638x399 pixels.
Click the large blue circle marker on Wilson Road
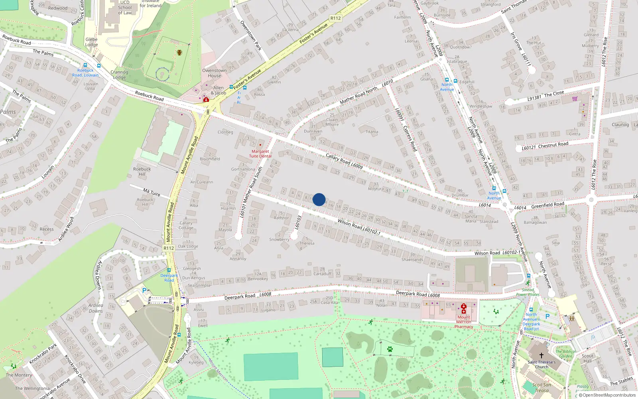319,199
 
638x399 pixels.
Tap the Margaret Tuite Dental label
260,154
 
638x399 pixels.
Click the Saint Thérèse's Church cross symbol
542,356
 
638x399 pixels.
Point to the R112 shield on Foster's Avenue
335,18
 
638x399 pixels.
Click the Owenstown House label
214,73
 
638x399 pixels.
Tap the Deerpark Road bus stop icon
169,271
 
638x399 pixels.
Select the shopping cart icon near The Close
575,99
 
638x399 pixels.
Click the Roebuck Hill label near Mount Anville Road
142,172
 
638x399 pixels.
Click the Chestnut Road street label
553,145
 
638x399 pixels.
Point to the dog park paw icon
390,349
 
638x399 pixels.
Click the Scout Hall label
587,358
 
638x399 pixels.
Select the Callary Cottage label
186,225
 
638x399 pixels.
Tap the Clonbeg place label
225,132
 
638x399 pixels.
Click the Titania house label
372,132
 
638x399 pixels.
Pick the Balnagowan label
535,222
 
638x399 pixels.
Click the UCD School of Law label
125,8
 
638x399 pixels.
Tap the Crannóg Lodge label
119,75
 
